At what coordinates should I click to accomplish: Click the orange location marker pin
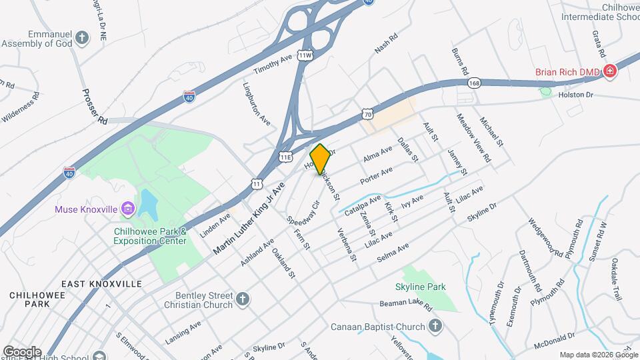[x=321, y=159]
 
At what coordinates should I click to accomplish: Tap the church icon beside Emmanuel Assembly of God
[x=81, y=37]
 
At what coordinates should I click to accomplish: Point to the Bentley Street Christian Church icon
[x=243, y=299]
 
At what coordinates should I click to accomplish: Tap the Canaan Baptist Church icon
[x=435, y=326]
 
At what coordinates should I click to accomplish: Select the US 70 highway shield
[x=369, y=114]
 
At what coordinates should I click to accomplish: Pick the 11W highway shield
[x=305, y=55]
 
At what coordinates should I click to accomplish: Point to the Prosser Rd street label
[x=94, y=107]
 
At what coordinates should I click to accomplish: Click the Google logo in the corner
[x=22, y=352]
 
